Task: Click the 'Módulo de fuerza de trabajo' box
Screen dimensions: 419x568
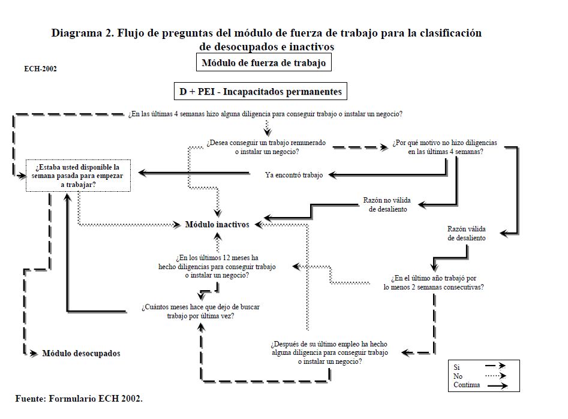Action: point(264,62)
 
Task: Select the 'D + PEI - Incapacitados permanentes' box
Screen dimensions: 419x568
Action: point(260,92)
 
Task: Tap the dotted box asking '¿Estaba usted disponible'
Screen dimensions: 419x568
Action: point(78,176)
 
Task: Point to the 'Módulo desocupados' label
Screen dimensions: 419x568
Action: point(81,353)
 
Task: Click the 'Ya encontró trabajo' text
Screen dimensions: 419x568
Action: point(294,175)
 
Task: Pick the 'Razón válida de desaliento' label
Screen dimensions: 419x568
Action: point(467,233)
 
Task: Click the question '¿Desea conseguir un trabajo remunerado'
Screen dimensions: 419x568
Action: point(267,147)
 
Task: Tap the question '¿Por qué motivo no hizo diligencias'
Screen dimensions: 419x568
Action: point(446,147)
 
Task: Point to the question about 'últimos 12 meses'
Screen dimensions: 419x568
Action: point(217,266)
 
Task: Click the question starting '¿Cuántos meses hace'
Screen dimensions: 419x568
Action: point(200,311)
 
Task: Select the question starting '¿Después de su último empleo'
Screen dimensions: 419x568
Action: point(329,353)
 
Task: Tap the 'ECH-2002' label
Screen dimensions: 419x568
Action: point(40,69)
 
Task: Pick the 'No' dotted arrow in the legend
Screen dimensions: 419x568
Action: point(495,376)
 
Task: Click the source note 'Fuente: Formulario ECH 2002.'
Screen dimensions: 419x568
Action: point(79,398)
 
